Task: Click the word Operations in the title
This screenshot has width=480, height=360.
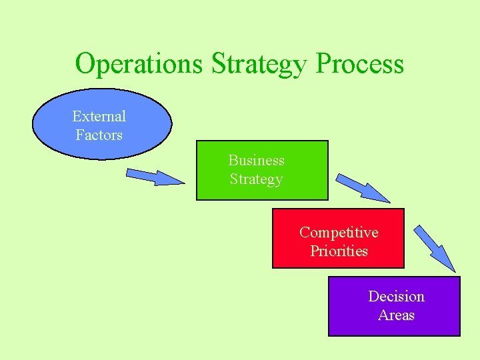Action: coord(140,64)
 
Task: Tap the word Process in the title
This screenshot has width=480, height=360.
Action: coord(360,64)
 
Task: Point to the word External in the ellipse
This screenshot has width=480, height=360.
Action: coord(99,116)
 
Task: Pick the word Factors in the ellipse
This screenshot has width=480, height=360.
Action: coord(99,135)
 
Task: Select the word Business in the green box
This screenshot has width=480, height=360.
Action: coord(256,160)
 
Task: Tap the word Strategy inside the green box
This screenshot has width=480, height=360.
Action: coord(256,179)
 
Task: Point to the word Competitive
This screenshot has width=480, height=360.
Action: coord(338,232)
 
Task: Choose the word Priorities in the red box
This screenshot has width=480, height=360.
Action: coord(339,251)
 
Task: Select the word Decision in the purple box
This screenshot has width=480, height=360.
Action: coord(396,296)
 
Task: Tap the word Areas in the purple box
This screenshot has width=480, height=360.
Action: coord(396,315)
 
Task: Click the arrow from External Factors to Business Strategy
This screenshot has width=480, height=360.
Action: coord(154,176)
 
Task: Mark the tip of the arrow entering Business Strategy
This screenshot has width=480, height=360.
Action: coord(183,182)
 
